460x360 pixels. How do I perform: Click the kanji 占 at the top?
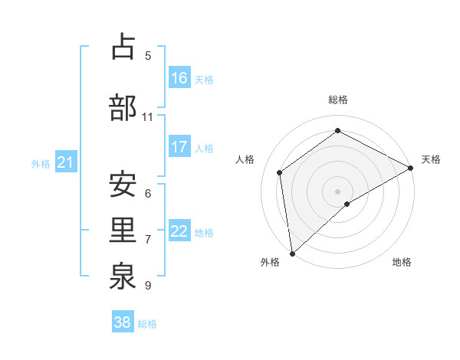pyautogui.click(x=123, y=47)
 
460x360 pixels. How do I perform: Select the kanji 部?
pyautogui.click(x=123, y=108)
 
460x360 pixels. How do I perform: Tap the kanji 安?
pyautogui.click(x=123, y=185)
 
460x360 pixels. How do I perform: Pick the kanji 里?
pyautogui.click(x=123, y=232)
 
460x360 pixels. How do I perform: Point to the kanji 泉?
pyautogui.click(x=123, y=278)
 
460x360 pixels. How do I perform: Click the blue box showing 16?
pyautogui.click(x=179, y=78)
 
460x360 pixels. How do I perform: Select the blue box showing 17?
pyautogui.click(x=179, y=147)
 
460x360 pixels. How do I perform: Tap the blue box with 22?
pyautogui.click(x=179, y=231)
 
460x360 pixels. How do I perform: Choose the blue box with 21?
pyautogui.click(x=65, y=162)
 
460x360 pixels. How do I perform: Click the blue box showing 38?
pyautogui.click(x=123, y=322)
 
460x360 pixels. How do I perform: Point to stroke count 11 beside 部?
pyautogui.click(x=148, y=116)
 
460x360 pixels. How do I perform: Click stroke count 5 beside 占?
pyautogui.click(x=148, y=55)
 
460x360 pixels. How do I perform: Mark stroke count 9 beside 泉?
pyautogui.click(x=148, y=286)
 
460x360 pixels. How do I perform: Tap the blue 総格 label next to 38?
pyautogui.click(x=147, y=324)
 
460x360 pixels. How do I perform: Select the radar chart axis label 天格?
pyautogui.click(x=431, y=159)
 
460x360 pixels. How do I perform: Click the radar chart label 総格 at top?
pyautogui.click(x=338, y=100)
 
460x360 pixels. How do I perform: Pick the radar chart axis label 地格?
pyautogui.click(x=402, y=262)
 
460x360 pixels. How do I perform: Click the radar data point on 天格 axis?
pyautogui.click(x=411, y=168)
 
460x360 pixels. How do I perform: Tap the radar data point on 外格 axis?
pyautogui.click(x=292, y=253)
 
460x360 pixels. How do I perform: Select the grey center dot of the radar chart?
pyautogui.click(x=338, y=190)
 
